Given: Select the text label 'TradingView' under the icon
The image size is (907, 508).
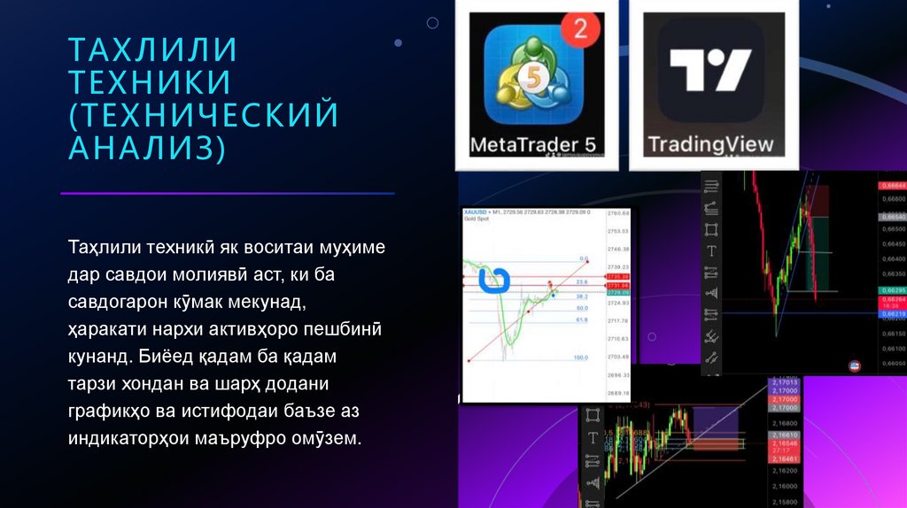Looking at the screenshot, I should (710, 144).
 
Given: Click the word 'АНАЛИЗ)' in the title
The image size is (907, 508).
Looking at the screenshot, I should (147, 148).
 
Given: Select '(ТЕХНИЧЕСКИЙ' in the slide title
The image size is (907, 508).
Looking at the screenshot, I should (204, 115).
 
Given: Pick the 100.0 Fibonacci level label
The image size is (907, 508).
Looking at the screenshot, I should (581, 358).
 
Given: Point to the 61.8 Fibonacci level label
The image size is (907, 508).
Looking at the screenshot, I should (581, 319).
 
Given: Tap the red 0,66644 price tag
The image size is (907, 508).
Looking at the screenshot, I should (891, 185).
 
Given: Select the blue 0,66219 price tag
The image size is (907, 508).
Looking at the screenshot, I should (891, 313).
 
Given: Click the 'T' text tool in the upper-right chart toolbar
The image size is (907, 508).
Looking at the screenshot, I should (711, 250).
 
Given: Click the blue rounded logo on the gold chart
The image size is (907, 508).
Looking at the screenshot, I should (495, 280).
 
